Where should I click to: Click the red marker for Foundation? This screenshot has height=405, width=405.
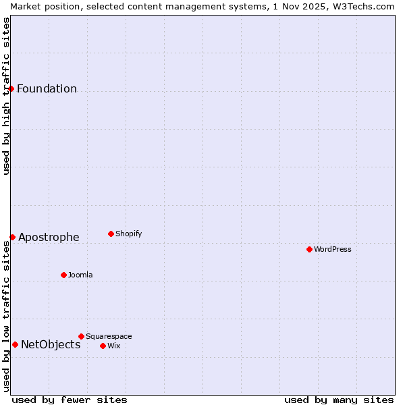click(x=11, y=88)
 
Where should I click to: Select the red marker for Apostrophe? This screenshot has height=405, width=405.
click(x=12, y=237)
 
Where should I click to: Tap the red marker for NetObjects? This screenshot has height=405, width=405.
click(x=15, y=344)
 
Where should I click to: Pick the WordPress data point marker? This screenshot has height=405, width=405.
click(x=309, y=249)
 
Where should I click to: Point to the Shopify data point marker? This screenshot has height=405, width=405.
click(x=111, y=234)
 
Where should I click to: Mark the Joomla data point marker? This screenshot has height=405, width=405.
click(x=63, y=275)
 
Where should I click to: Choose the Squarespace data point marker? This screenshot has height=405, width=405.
click(x=81, y=336)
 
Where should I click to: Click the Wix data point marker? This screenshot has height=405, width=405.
click(x=103, y=346)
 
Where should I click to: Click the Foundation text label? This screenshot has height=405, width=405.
click(x=47, y=89)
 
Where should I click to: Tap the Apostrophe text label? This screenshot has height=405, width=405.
click(x=49, y=238)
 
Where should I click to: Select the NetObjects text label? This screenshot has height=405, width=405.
click(x=51, y=345)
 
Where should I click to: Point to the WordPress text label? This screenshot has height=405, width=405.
click(x=333, y=250)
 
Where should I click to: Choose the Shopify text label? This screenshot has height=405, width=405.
click(x=129, y=234)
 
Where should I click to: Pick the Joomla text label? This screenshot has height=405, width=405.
click(x=80, y=275)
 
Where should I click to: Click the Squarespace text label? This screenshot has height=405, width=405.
click(x=109, y=337)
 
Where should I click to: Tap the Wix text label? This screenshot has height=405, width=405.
click(x=114, y=346)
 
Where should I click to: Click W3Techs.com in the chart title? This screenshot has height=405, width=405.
click(x=362, y=6)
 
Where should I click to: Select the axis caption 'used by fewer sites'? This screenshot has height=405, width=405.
click(x=70, y=400)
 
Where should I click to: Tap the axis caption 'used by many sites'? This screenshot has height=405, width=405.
click(x=339, y=400)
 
